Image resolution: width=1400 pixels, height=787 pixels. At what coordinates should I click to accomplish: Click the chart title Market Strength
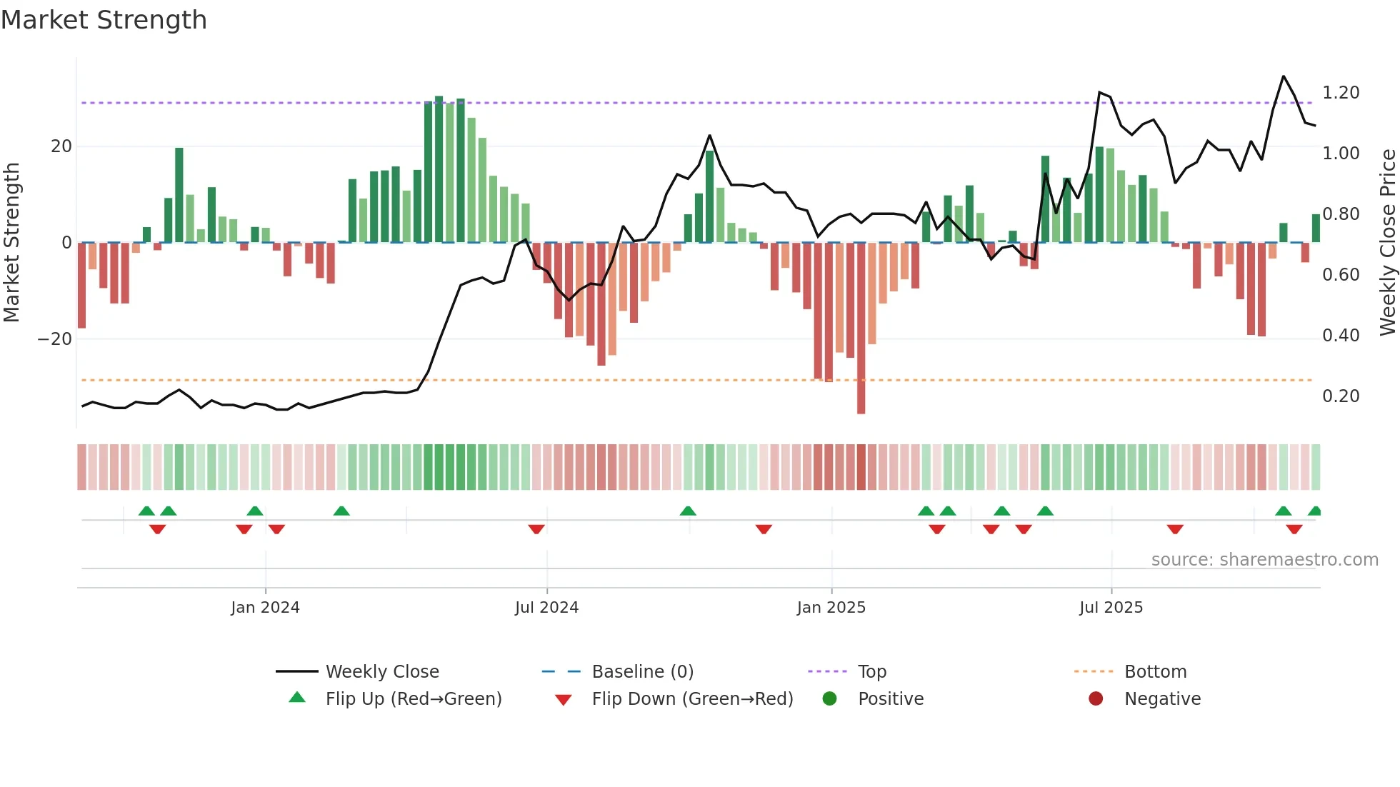tap(104, 20)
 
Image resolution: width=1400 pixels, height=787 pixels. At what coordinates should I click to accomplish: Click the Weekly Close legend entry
tap(381, 671)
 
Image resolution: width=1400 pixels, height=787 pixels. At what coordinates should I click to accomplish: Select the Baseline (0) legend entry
tap(642, 671)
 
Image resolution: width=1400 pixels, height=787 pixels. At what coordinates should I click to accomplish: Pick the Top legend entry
tap(871, 671)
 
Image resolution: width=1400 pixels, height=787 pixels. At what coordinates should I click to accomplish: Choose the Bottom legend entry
tap(1155, 671)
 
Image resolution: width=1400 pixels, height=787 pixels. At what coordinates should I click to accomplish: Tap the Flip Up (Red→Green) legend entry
tap(413, 698)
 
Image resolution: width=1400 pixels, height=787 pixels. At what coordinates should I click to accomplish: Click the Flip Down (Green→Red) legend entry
tap(691, 698)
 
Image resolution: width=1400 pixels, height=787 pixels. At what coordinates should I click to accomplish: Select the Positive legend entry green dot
tap(829, 698)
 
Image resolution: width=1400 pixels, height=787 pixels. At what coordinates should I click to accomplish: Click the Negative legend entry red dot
tap(1096, 698)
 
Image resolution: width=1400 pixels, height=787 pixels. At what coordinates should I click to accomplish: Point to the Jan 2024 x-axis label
tap(265, 608)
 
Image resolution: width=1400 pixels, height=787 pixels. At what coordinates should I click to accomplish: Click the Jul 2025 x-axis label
tap(1111, 608)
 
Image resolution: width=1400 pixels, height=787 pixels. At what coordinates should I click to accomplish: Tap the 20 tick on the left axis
tap(61, 146)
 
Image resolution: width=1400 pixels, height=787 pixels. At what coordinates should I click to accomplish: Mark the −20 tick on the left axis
tap(55, 339)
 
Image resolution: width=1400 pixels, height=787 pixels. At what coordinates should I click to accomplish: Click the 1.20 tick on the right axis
tap(1341, 93)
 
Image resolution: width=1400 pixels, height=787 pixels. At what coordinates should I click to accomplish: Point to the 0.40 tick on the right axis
tap(1341, 336)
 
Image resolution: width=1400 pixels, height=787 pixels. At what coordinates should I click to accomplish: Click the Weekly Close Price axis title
tap(1387, 243)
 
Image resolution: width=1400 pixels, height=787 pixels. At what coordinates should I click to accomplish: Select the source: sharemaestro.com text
tap(1264, 560)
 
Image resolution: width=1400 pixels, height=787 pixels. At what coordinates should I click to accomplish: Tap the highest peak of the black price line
tap(1284, 76)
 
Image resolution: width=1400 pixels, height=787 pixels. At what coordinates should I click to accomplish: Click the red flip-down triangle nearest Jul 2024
tap(536, 529)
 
